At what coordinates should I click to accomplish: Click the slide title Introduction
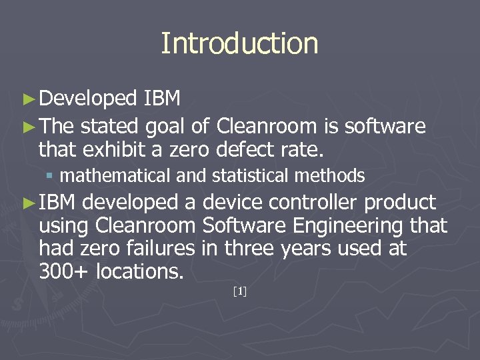(x=239, y=43)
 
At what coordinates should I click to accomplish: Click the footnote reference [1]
(x=240, y=291)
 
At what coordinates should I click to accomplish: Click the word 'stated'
(x=110, y=126)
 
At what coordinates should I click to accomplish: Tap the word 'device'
(x=237, y=202)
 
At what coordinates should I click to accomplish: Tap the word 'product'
(x=401, y=202)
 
